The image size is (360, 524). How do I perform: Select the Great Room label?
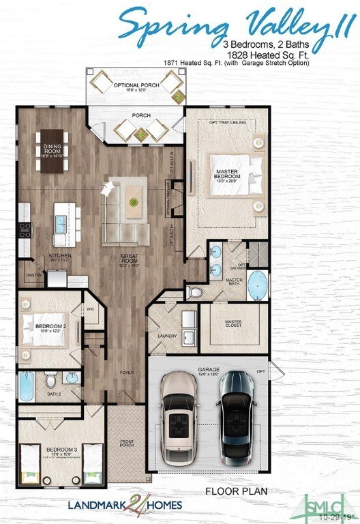pos(130,259)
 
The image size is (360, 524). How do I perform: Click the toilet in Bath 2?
pos(50,379)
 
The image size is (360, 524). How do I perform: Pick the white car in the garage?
pos(179,417)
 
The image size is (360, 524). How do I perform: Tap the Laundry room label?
pos(167,336)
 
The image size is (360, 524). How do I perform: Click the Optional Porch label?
pos(136,85)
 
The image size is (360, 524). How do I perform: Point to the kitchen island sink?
pos(60,222)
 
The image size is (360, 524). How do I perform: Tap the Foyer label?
pos(127,373)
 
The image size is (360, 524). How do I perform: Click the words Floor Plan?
pos(236,491)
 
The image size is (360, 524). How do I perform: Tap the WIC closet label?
pos(91,309)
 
